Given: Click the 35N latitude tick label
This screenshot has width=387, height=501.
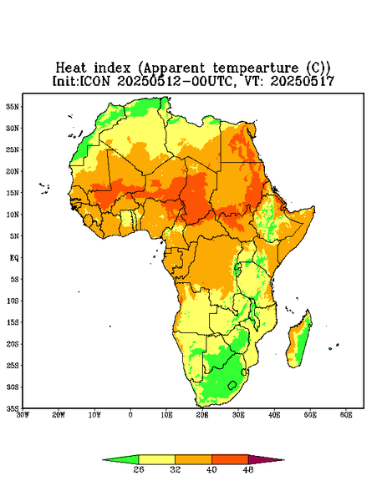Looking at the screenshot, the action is pos(13,106).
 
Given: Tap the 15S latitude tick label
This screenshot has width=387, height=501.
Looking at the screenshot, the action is pos(13,322).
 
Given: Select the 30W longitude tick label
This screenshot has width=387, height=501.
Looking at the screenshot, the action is pos(23,415).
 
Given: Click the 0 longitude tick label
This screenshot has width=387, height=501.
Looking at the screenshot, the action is pos(130,415).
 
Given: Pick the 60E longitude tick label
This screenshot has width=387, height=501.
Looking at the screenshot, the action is pos(346,415).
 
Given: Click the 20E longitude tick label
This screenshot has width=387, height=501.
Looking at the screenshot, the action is pos(202,415).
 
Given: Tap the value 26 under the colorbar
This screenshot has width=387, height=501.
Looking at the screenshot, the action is pos(139,469).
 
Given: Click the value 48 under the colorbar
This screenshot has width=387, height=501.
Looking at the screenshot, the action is pos(248,469).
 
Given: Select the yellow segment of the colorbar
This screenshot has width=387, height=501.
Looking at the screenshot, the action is pos(156,459).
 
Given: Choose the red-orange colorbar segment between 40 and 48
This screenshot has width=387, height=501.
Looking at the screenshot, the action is pos(230,459).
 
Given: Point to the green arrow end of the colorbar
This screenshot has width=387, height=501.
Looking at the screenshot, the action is pos(120,459).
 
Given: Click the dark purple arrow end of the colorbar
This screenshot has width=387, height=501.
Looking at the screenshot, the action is pos(266,459).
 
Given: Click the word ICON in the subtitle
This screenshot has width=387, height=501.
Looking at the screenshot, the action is pos(94,81).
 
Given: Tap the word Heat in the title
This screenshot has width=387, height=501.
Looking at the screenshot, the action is pos(71,68).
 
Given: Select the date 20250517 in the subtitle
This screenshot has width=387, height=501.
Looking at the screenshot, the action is pos(303,81).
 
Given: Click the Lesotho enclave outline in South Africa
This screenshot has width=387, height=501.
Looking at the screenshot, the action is pos(232,385).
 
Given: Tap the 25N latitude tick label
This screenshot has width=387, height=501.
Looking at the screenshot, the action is pos(13,149).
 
